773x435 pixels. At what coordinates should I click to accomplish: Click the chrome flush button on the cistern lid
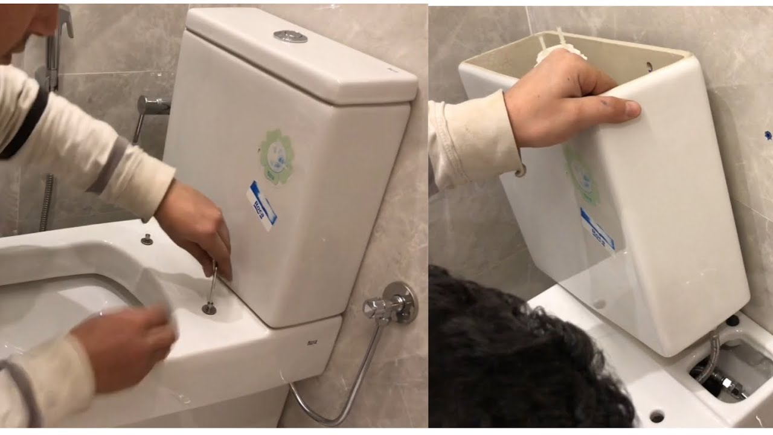(x=290, y=36)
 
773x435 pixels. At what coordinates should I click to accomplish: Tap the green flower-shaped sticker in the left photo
(x=277, y=157)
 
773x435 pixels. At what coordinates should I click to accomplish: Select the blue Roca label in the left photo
(x=262, y=205)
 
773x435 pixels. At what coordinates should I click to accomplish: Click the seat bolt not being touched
(x=147, y=239)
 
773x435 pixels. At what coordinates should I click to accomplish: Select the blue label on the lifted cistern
(x=597, y=228)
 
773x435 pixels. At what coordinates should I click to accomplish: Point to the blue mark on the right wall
(x=768, y=135)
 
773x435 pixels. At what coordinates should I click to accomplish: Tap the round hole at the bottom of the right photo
(x=656, y=416)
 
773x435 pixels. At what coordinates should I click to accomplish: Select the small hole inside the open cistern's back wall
(x=649, y=67)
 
